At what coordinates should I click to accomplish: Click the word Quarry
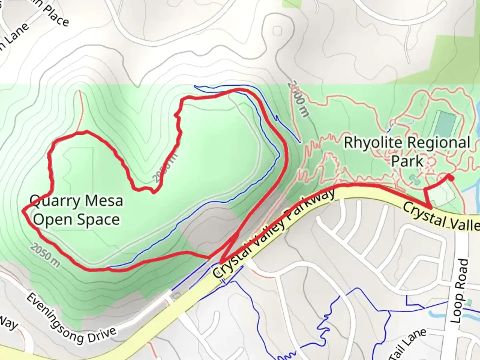click(x=55, y=201)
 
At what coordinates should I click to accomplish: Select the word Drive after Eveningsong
click(x=102, y=335)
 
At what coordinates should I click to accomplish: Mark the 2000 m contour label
click(x=299, y=98)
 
